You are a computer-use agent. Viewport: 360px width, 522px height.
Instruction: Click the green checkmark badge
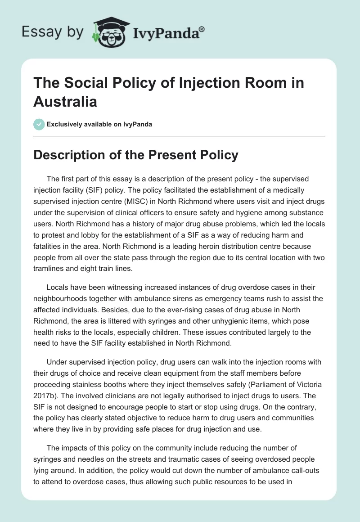(x=39, y=124)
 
